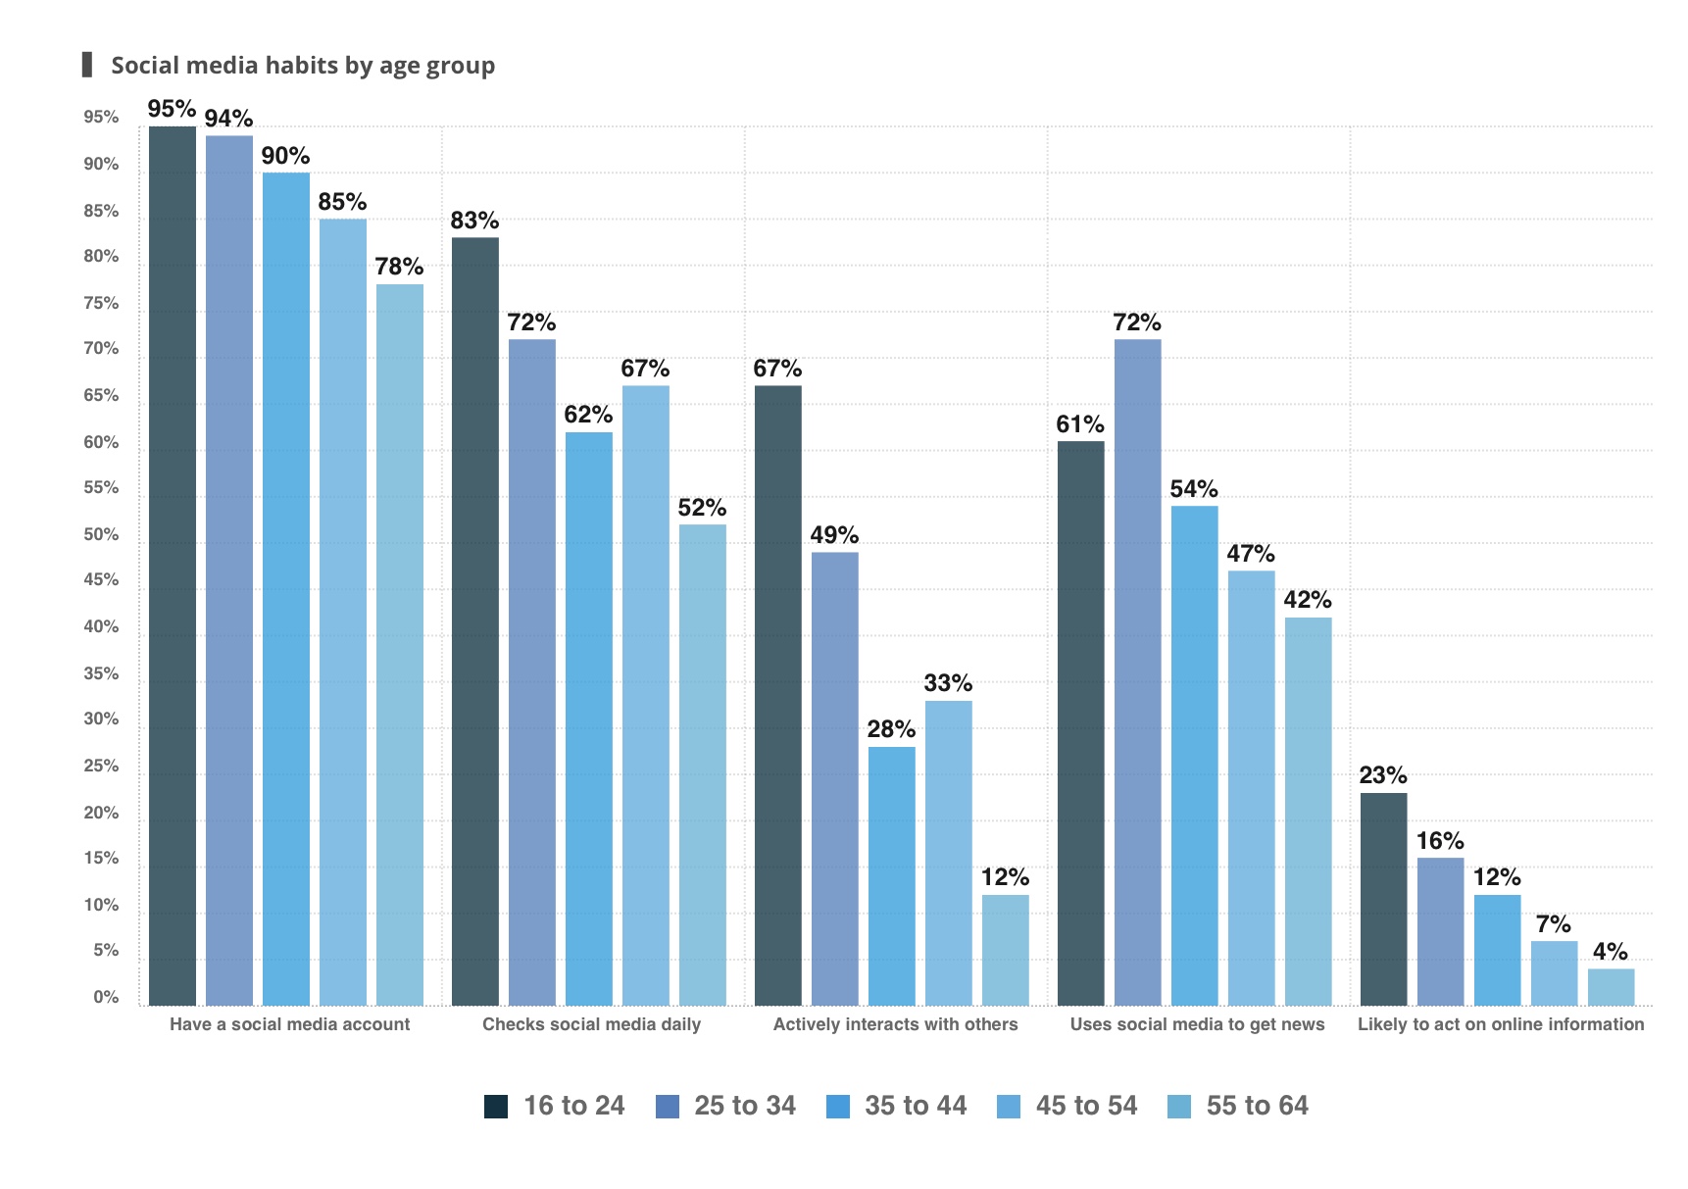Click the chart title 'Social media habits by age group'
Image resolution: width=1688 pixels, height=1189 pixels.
[x=302, y=66]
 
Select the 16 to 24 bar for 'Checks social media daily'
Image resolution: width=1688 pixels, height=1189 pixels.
[x=474, y=621]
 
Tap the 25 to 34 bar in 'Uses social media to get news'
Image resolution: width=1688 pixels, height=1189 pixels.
[x=1137, y=672]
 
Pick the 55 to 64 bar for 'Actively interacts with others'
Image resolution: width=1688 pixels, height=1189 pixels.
[x=1005, y=950]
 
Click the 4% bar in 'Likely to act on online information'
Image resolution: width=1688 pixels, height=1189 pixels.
[x=1611, y=987]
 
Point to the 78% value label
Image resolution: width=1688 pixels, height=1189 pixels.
[x=399, y=267]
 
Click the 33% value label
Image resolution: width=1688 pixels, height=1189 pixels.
[x=948, y=683]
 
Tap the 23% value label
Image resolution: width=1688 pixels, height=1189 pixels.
[x=1383, y=775]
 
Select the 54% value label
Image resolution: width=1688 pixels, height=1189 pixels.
[x=1194, y=489]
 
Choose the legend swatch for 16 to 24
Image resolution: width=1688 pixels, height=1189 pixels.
[x=496, y=1107]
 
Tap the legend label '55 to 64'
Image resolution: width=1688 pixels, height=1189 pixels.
[x=1257, y=1106]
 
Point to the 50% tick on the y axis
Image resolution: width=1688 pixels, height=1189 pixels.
[x=101, y=534]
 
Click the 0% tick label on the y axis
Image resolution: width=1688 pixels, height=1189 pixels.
[x=106, y=997]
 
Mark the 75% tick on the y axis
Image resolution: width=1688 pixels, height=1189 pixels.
[x=101, y=303]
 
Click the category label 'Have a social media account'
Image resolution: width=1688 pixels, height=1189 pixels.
[x=289, y=1024]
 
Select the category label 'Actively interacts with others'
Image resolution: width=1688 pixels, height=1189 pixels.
[x=895, y=1024]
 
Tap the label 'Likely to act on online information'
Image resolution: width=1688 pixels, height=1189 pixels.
[x=1501, y=1024]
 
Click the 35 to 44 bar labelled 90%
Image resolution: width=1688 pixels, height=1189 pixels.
[x=286, y=588]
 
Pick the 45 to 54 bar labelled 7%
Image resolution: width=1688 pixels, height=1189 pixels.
[x=1554, y=973]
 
